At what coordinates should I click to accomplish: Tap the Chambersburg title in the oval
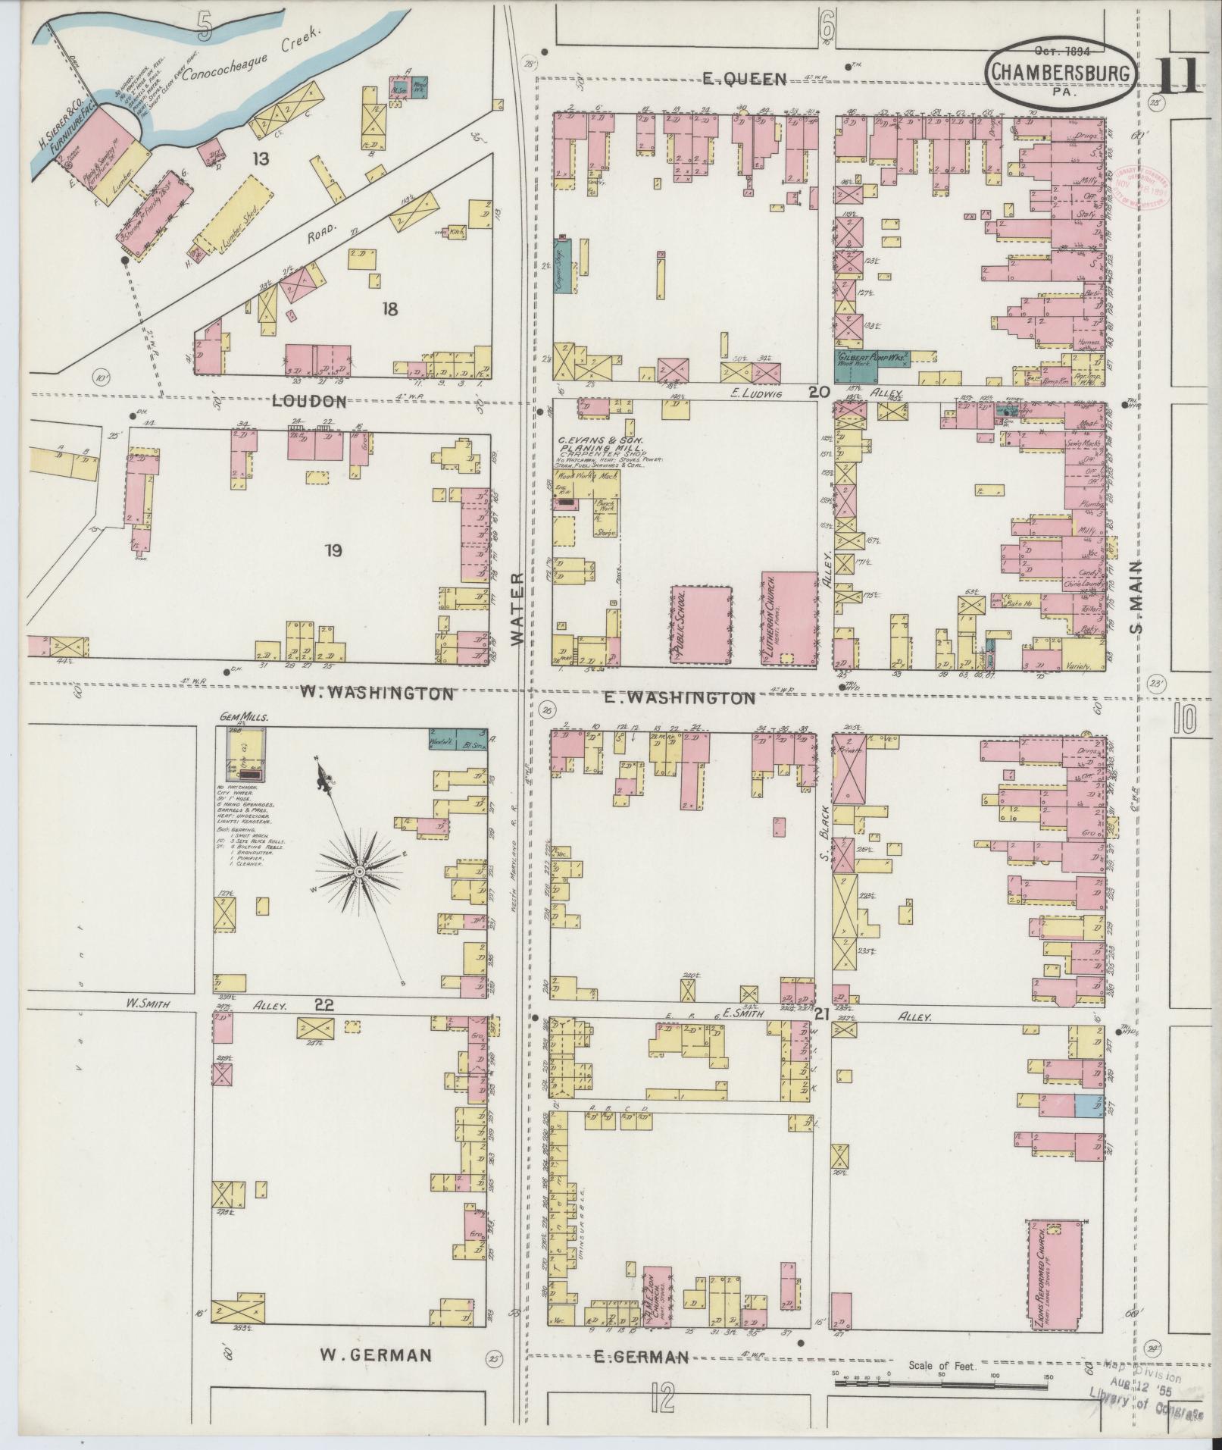click(x=1061, y=72)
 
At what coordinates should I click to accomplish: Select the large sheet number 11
click(x=1179, y=74)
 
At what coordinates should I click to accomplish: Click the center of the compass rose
click(x=359, y=872)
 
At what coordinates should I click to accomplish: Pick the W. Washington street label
click(x=377, y=693)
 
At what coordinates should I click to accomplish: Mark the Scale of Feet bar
click(x=940, y=1382)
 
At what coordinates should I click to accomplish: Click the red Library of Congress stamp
click(x=1142, y=186)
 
